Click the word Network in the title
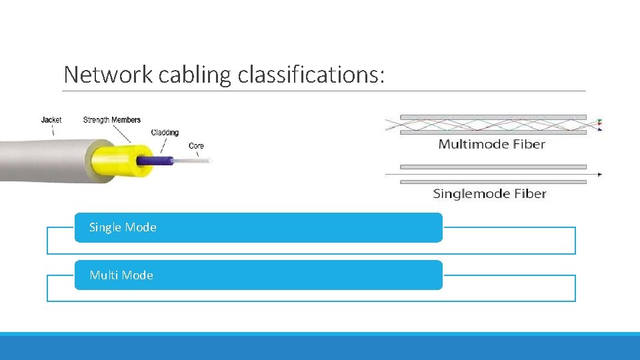[x=108, y=75]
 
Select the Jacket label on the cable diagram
[x=51, y=120]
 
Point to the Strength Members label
[x=112, y=120]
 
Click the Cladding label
[x=165, y=132]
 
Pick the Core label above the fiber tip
[x=196, y=145]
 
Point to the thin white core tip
[x=193, y=161]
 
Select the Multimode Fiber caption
[x=492, y=144]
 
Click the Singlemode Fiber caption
[x=489, y=194]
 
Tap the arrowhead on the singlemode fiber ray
[x=600, y=175]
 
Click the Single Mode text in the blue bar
[x=123, y=227]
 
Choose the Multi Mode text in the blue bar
[x=121, y=275]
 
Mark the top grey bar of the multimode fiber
[x=493, y=117]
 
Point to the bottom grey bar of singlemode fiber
[x=493, y=182]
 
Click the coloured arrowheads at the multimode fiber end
[x=599, y=125]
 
